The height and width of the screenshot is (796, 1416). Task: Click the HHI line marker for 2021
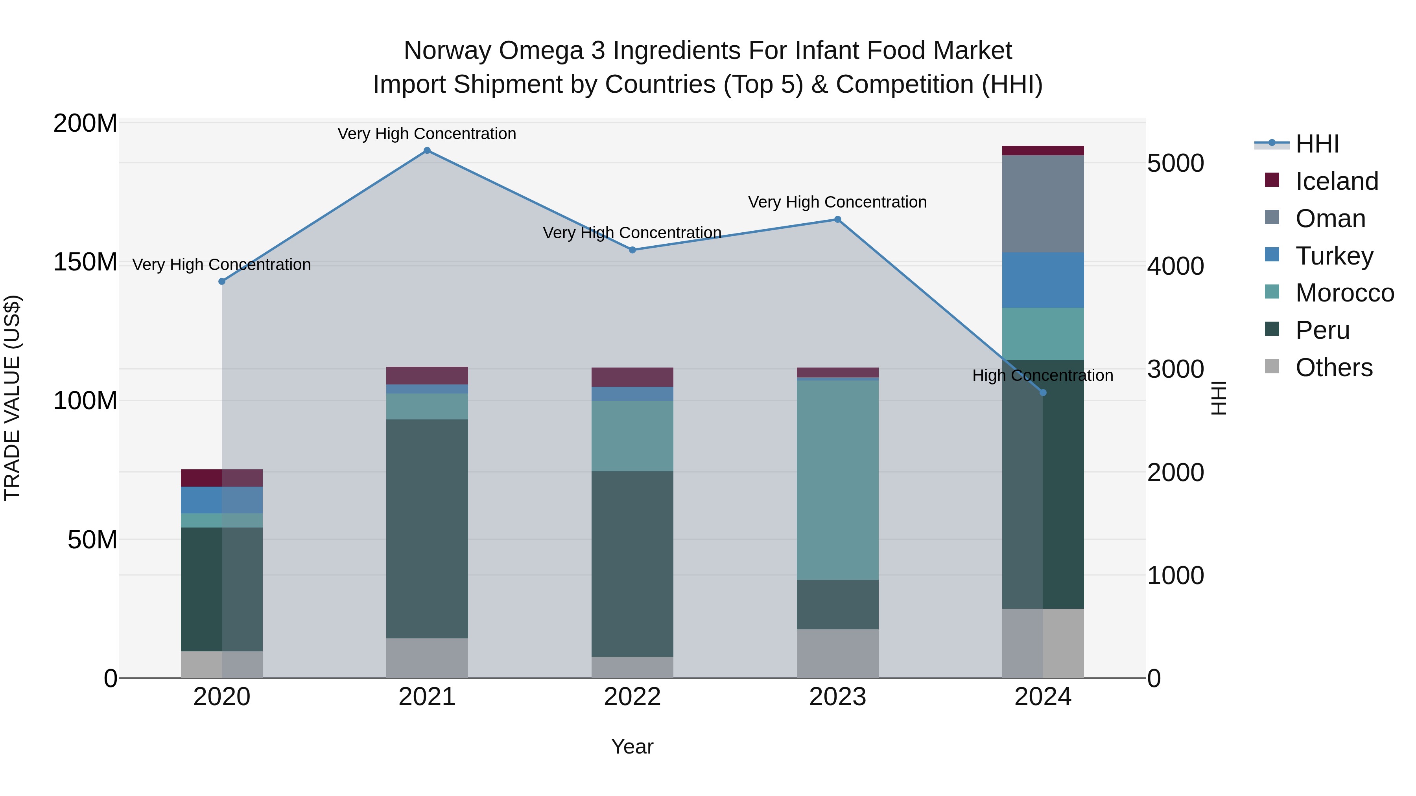tap(427, 151)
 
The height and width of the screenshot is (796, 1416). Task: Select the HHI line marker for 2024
tap(1043, 393)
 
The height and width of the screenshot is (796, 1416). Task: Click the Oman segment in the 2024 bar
tap(1043, 204)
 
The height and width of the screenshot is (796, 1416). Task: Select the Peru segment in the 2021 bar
tap(427, 528)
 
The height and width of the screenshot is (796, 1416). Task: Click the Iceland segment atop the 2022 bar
tap(632, 377)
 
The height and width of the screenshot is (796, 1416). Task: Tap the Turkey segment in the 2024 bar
tap(1043, 280)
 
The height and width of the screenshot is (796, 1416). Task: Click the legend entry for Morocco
tap(1344, 293)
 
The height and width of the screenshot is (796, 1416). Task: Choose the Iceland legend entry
tap(1336, 181)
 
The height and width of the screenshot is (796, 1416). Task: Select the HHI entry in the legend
tap(1316, 144)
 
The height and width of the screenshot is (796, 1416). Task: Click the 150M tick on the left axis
tap(85, 262)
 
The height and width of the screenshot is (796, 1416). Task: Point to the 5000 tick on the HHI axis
tap(1176, 163)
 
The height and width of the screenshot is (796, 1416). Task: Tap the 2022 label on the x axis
tap(632, 697)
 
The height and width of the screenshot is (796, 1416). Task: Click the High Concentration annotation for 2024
tap(1043, 376)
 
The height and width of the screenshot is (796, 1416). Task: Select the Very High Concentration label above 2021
tap(427, 134)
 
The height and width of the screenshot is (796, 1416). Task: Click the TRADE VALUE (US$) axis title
tap(12, 398)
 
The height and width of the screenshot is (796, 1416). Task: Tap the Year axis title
tap(632, 746)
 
